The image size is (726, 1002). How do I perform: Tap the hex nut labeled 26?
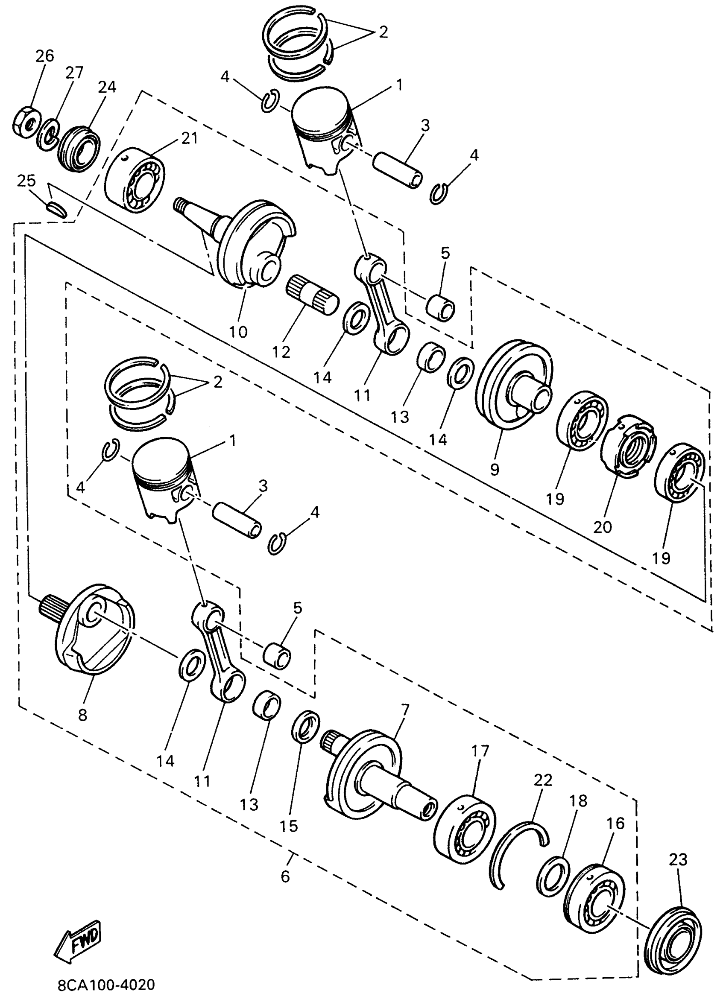pos(26,125)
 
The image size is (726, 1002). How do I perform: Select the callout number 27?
pos(74,73)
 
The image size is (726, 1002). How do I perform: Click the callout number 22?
pos(543,781)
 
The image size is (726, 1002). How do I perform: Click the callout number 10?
pos(238,331)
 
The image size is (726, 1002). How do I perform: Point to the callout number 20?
pos(603,527)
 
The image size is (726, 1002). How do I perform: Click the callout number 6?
pos(285,876)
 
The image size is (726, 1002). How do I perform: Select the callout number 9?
pos(495,469)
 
